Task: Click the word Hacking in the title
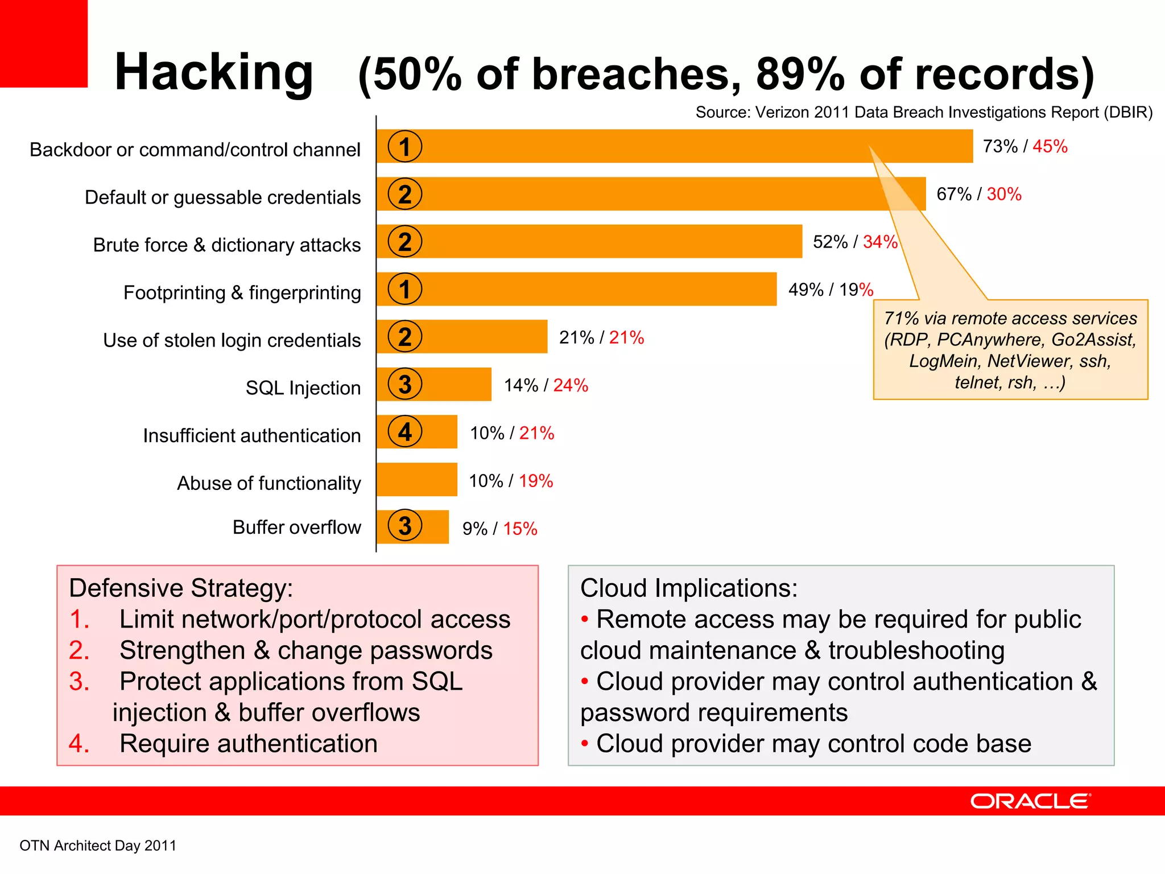click(213, 73)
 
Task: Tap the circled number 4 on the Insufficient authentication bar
click(404, 432)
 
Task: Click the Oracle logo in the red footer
click(1030, 801)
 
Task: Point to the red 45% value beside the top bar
click(1050, 146)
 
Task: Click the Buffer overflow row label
click(296, 527)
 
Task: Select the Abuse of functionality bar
click(416, 480)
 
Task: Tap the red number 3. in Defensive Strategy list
click(79, 682)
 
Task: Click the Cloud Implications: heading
click(688, 588)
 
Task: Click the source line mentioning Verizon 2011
click(923, 113)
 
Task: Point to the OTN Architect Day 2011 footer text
click(98, 846)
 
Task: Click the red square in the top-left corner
click(43, 43)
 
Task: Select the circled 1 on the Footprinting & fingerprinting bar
click(404, 289)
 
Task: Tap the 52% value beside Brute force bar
click(830, 242)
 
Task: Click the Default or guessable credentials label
click(222, 197)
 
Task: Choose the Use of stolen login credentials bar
click(478, 337)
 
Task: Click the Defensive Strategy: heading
click(180, 588)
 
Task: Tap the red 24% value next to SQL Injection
click(571, 385)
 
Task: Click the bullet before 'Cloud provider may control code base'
click(584, 743)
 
